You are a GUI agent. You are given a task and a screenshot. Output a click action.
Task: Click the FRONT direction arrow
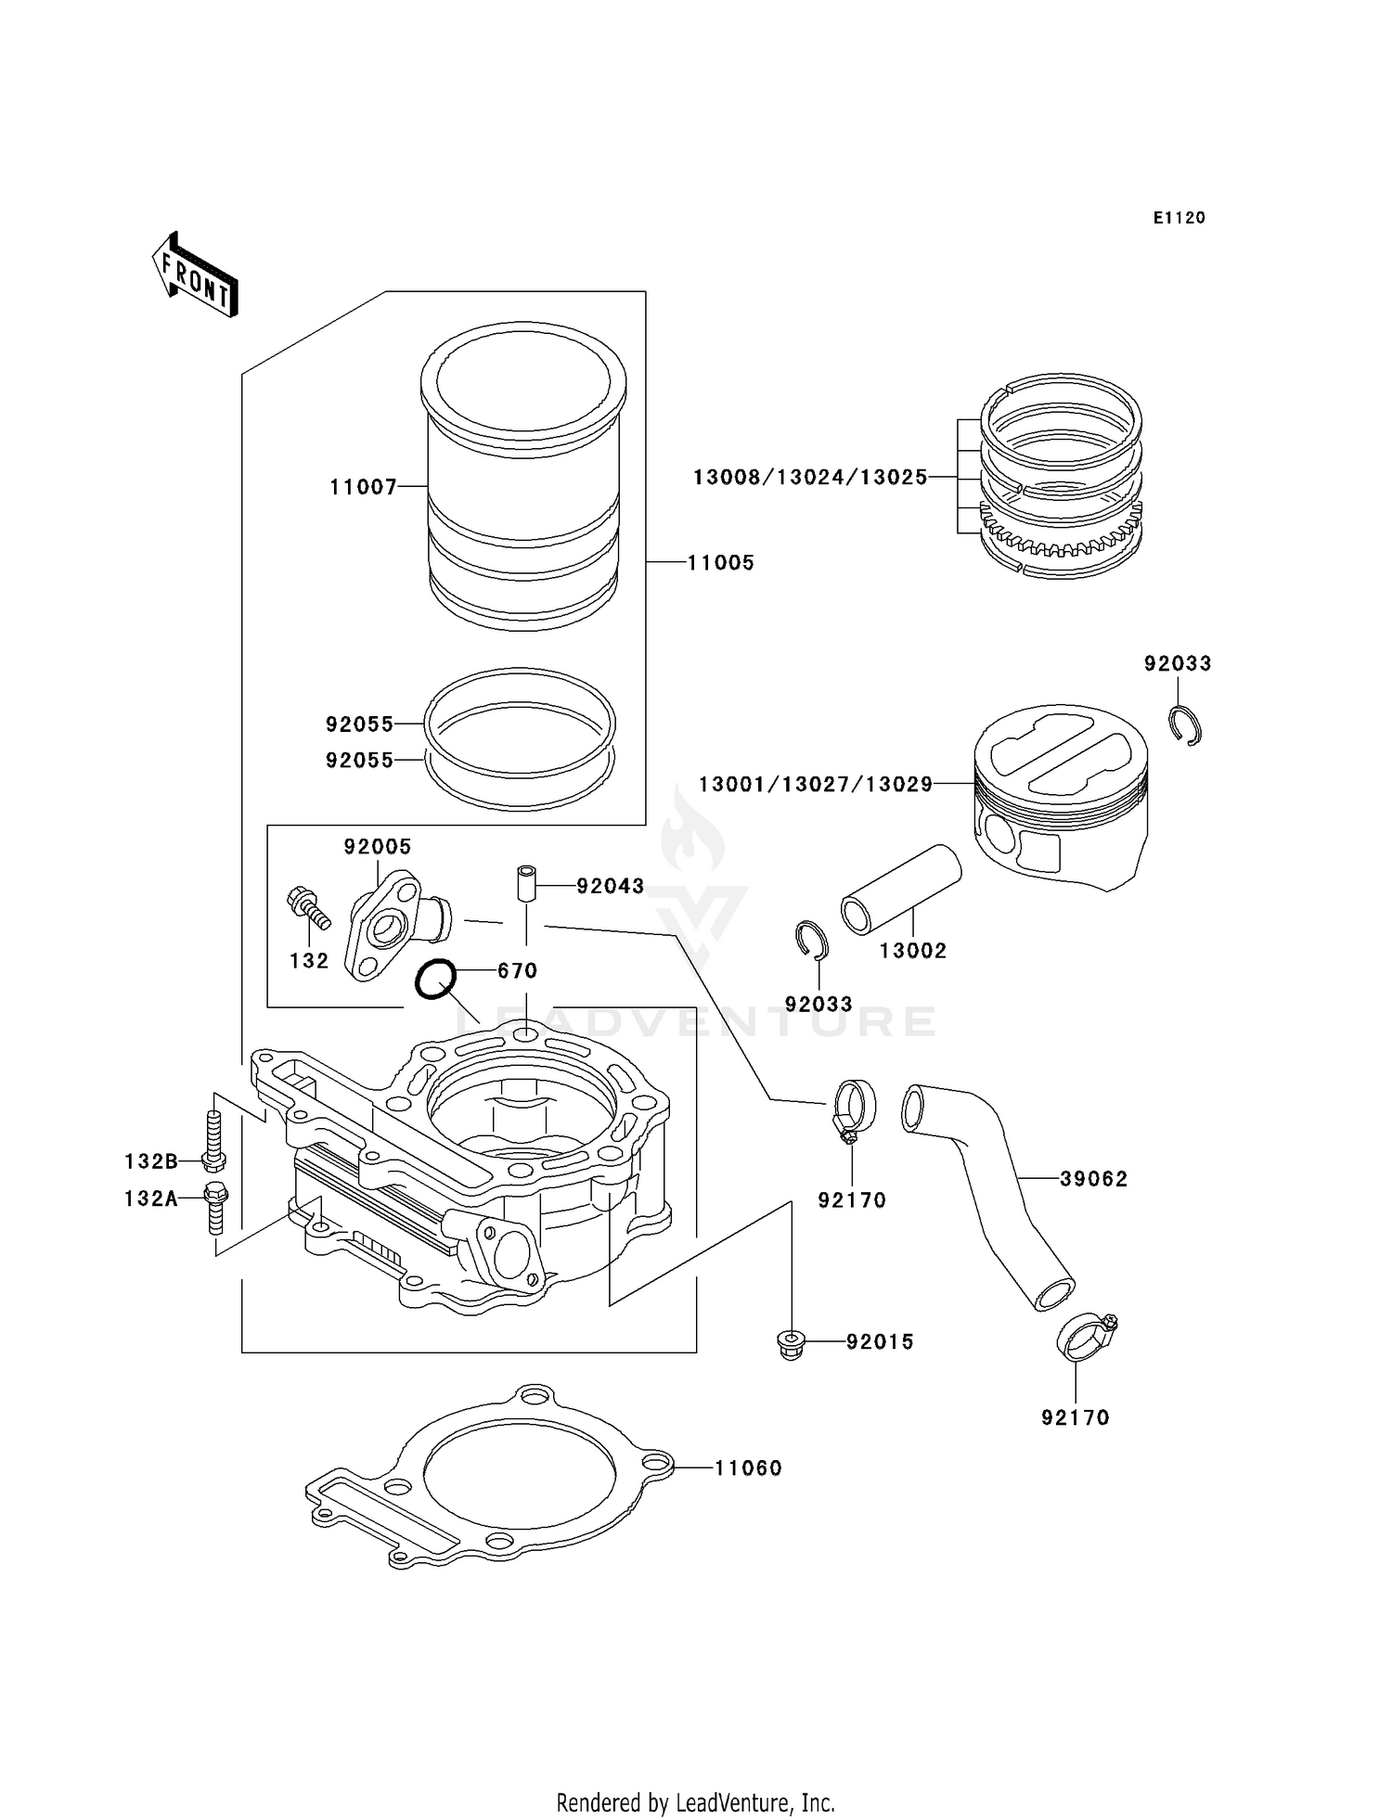(195, 275)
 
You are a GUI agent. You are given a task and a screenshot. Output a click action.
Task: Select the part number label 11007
(363, 487)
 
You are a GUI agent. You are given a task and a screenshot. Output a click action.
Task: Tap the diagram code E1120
(1179, 218)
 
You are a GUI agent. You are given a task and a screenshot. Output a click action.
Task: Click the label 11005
(720, 562)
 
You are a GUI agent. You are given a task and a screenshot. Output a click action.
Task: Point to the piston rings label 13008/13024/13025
(810, 477)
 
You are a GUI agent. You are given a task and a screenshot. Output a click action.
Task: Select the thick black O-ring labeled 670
(434, 979)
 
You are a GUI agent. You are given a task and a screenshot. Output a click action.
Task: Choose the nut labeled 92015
(790, 1343)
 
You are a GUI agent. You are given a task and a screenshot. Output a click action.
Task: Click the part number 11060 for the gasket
(748, 1468)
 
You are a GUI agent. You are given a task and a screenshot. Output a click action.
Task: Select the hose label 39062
(1093, 1179)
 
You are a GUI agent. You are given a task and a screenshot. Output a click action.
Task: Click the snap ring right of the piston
(1185, 725)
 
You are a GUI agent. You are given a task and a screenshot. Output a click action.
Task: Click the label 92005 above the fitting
(377, 846)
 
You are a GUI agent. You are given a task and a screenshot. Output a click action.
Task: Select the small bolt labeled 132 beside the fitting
(306, 906)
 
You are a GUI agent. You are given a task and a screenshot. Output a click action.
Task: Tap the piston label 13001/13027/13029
(815, 785)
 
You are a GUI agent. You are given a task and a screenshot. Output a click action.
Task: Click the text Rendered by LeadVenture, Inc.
(695, 1802)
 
